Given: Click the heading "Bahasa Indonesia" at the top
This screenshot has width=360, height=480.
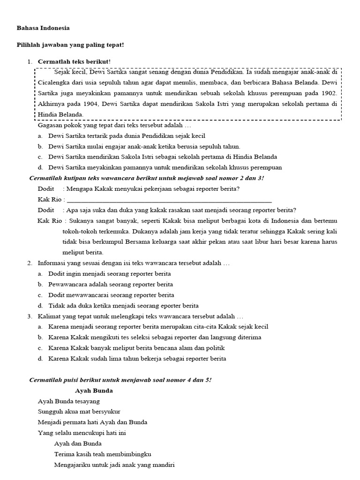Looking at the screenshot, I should (43, 28).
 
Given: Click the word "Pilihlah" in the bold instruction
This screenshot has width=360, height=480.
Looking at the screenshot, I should (29, 45).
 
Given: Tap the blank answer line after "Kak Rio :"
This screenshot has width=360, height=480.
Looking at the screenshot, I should (169, 199).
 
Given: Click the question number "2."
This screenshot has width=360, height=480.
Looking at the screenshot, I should (30, 263).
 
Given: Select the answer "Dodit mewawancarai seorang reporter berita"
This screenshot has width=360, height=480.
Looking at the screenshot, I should (111, 295).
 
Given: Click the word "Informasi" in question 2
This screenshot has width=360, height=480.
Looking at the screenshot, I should (52, 263).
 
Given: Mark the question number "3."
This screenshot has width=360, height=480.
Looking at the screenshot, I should (30, 316).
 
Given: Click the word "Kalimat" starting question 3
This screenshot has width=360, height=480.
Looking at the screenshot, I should (49, 316).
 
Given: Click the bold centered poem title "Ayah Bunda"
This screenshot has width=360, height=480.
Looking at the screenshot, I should (94, 390).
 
